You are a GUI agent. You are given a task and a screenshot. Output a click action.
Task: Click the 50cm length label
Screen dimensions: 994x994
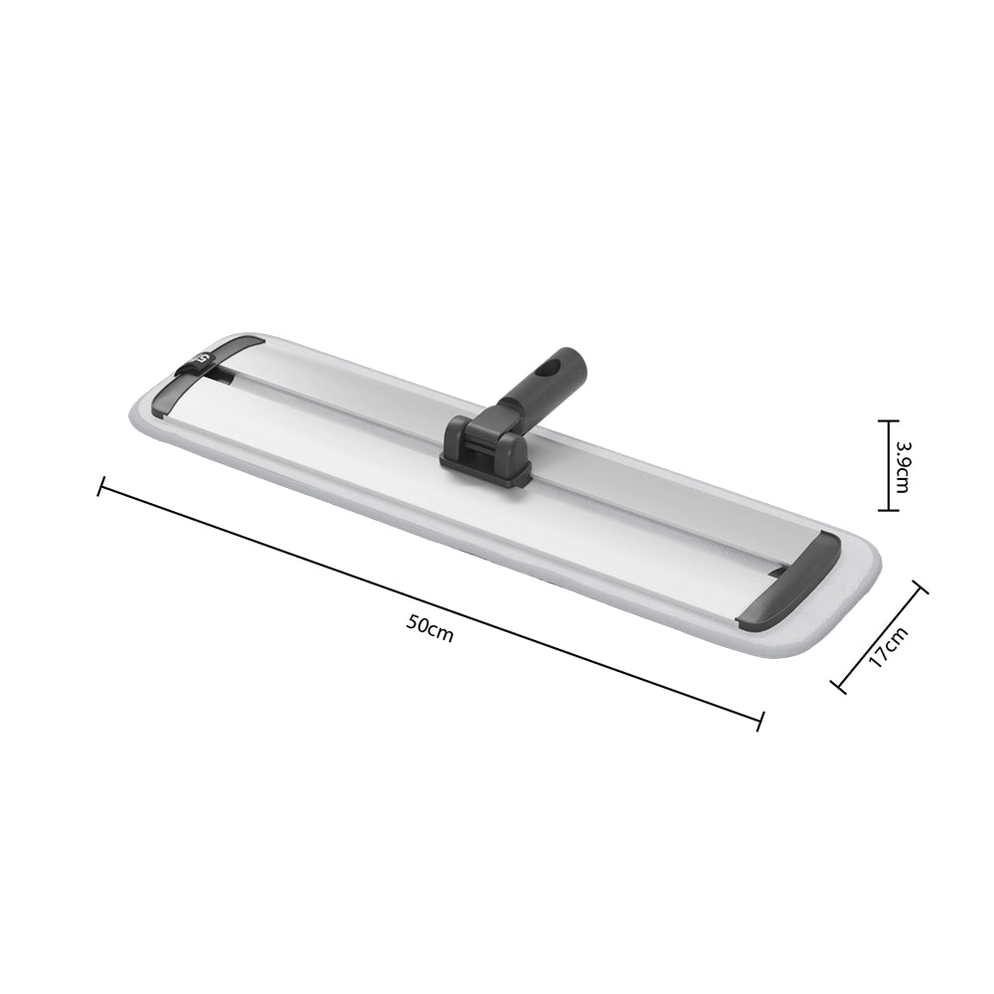430,629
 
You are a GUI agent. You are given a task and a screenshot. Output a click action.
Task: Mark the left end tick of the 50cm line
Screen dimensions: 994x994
100,486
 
